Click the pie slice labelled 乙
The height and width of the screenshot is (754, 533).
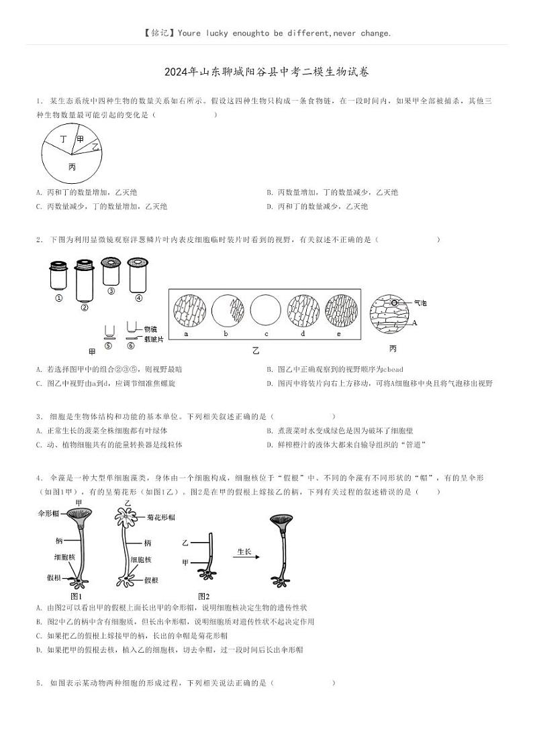coord(95,146)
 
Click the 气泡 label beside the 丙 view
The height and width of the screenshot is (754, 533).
coord(420,303)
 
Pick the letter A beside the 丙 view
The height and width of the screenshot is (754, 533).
coord(415,323)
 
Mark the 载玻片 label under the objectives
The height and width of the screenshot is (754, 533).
coord(153,339)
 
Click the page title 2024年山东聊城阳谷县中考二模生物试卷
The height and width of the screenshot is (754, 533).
coord(266,72)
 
